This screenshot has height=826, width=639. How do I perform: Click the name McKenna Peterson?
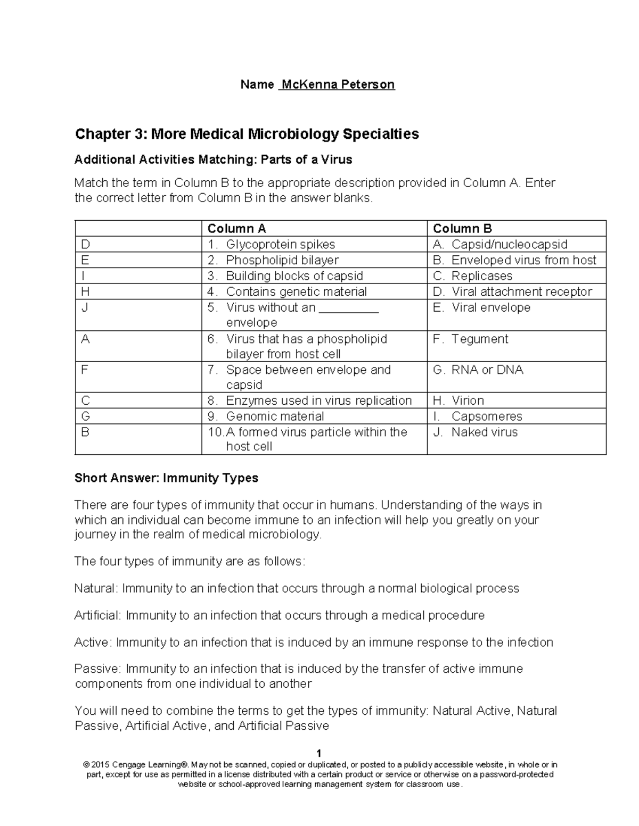338,85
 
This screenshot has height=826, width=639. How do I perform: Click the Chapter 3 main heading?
247,134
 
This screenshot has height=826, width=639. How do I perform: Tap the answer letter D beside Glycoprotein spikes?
85,245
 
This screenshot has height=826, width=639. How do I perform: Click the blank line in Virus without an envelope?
348,310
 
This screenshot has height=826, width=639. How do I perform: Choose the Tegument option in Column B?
479,339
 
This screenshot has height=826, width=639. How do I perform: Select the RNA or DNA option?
487,370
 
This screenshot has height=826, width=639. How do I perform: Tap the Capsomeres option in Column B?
486,416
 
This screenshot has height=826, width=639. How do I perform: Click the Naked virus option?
484,432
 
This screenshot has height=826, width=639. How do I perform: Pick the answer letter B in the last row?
85,432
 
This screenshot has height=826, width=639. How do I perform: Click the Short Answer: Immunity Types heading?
166,478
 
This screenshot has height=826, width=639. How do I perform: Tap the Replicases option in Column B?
481,276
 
